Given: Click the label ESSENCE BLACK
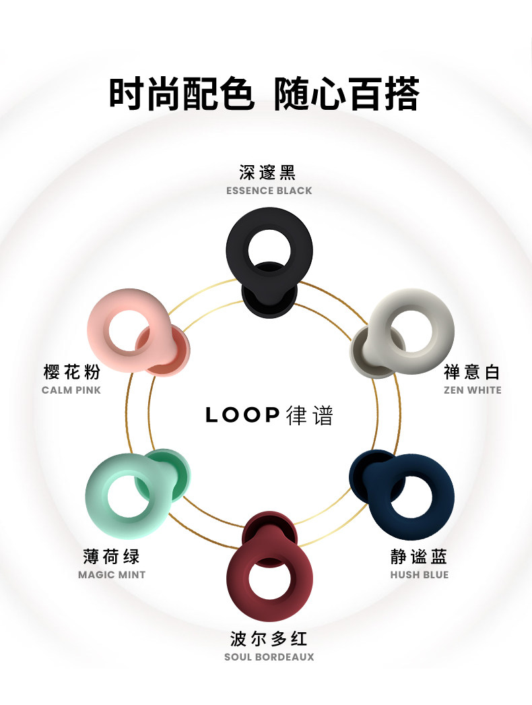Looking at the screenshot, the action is click(x=269, y=191).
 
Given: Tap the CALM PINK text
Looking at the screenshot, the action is click(x=71, y=390).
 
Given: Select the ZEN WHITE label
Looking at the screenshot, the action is click(x=473, y=390).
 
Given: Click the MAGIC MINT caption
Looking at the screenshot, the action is click(x=112, y=575).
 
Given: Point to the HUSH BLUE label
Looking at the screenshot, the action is click(x=420, y=575).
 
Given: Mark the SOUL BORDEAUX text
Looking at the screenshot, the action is click(x=269, y=657).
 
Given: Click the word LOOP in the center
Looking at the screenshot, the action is click(x=242, y=415).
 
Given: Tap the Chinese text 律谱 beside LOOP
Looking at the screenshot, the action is click(x=309, y=415).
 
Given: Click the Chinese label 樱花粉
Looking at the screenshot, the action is click(x=71, y=372).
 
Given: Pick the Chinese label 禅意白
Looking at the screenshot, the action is click(x=472, y=372).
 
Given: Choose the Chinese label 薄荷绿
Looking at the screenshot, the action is click(x=111, y=557).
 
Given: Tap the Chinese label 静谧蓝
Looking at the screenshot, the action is click(x=419, y=557).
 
